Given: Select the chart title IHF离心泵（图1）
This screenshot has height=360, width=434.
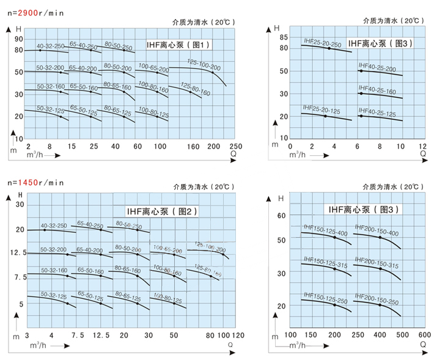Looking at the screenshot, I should coord(178,45).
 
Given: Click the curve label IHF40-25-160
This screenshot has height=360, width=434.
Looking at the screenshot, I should coord(377,91).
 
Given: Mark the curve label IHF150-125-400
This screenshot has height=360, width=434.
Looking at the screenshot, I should coord(325,233).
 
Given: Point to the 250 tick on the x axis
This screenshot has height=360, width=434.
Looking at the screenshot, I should coord(236,147).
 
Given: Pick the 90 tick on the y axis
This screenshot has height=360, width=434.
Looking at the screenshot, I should coord(18,39).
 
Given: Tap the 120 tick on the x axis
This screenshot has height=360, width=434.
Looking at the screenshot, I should coord(238,335).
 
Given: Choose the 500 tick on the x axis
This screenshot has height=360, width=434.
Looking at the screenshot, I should coord(402,334).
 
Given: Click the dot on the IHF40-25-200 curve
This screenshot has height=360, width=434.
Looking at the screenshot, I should coord(361,72).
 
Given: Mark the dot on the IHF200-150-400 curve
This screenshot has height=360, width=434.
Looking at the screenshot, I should coord(380,237).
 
